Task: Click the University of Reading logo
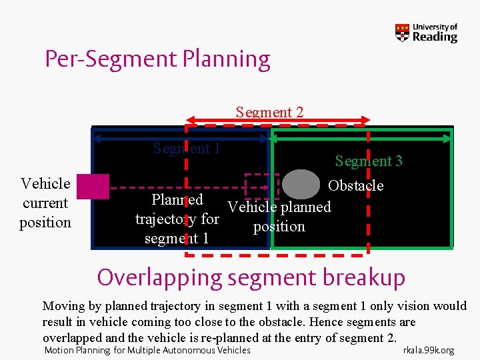[426, 33]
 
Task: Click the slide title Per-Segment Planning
[157, 59]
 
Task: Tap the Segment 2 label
[269, 112]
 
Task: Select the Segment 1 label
[186, 148]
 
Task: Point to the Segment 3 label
[369, 161]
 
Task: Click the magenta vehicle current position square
[93, 187]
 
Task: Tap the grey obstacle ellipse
[302, 185]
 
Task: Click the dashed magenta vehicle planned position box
[262, 187]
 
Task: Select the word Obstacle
[356, 185]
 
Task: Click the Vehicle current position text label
[45, 203]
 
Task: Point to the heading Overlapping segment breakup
[251, 277]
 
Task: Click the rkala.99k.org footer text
[429, 350]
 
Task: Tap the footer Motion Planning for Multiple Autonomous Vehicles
[147, 350]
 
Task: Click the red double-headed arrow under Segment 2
[277, 121]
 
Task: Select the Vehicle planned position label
[279, 217]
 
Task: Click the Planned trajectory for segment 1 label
[177, 219]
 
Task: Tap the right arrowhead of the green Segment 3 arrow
[448, 139]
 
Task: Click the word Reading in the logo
[435, 37]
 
